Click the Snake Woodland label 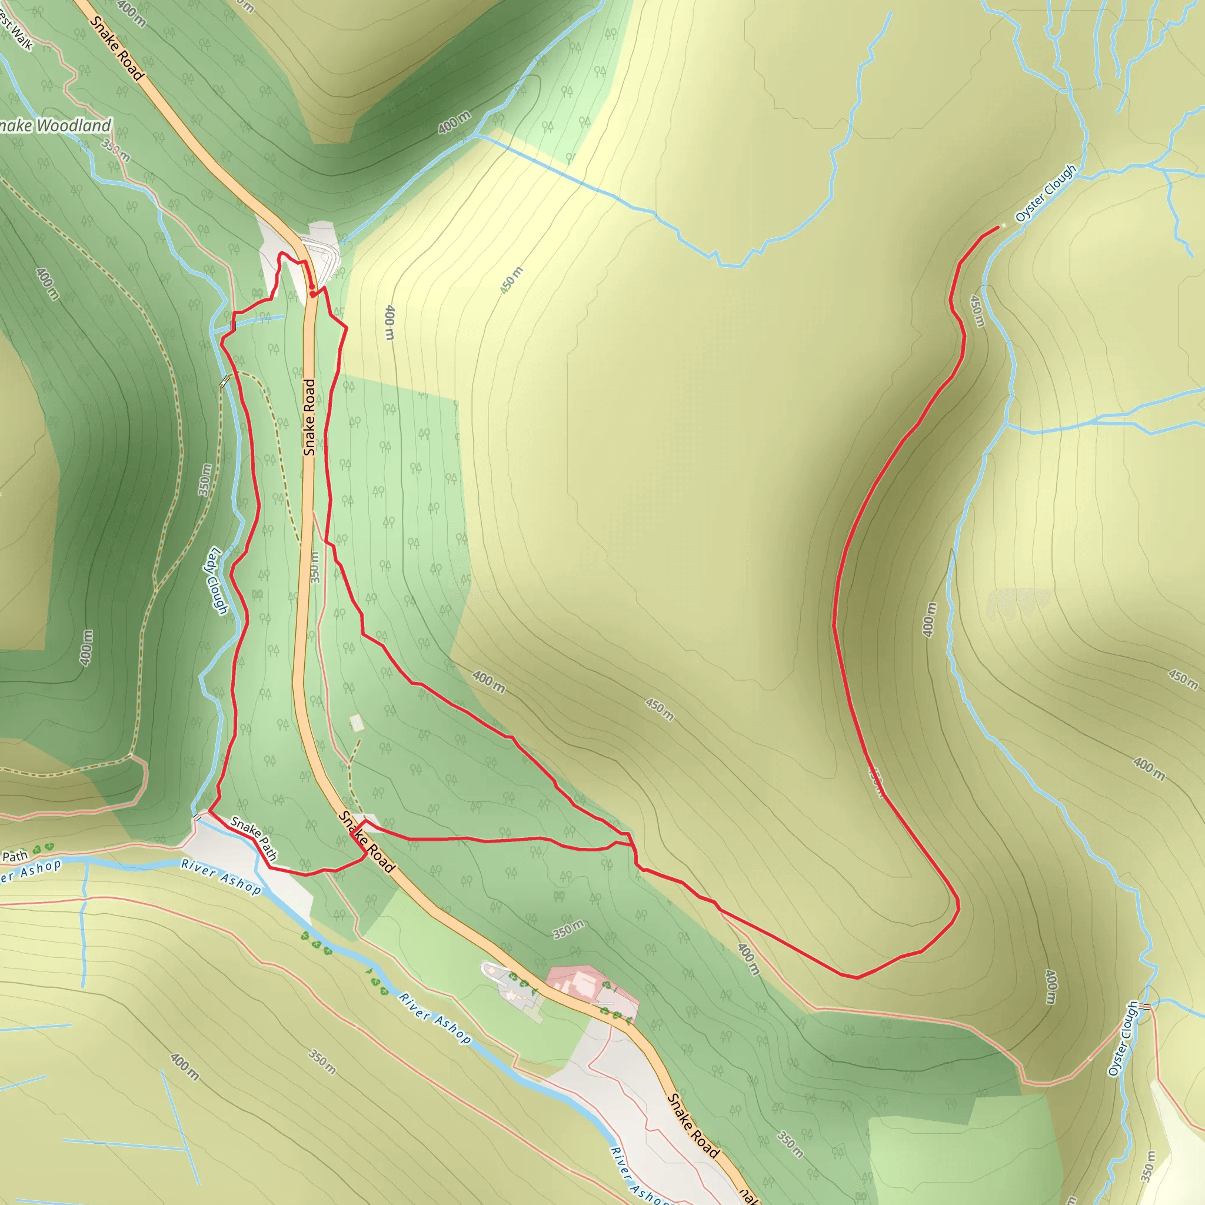click(55, 126)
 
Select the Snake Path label click(254, 838)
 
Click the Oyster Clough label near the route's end click(1046, 194)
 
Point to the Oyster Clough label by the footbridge click(1123, 1039)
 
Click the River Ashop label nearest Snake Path click(221, 877)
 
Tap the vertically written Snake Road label click(309, 417)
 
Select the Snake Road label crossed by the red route click(367, 842)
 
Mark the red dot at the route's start click(312, 288)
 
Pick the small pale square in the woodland click(356, 723)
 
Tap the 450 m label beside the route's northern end click(977, 311)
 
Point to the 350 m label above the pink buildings click(568, 929)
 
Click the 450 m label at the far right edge click(1183, 679)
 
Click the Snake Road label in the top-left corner click(116, 49)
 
